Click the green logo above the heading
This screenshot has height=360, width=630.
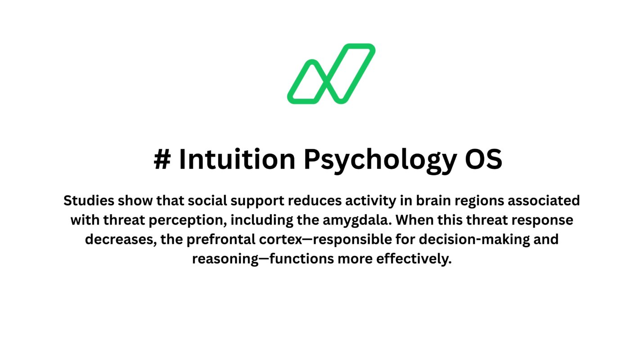click(x=331, y=74)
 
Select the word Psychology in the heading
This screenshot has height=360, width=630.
click(x=379, y=160)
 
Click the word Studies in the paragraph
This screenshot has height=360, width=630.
click(x=89, y=201)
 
